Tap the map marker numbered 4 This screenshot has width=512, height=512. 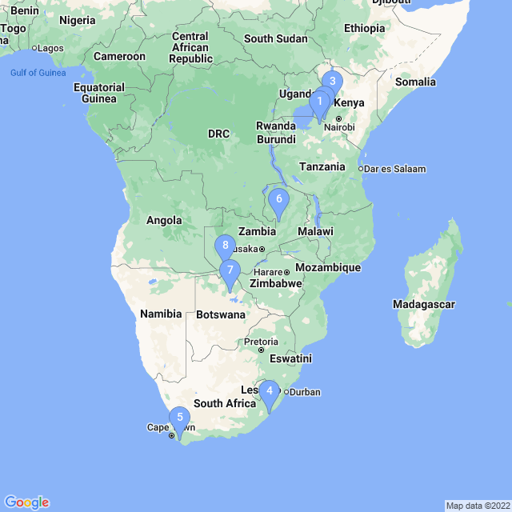pos(270,391)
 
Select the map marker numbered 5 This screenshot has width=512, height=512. pos(179,417)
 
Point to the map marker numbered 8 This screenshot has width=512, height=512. pos(226,246)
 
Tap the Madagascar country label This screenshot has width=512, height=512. pos(423,304)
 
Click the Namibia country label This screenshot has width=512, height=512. pos(161,314)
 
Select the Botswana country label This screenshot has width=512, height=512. pos(220,314)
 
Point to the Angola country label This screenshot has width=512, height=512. pos(164,220)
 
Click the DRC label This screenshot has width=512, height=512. pos(218,134)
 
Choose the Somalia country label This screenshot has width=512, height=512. pos(416,82)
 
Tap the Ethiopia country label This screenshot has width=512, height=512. pos(364,28)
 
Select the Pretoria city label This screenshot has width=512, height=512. pos(261,342)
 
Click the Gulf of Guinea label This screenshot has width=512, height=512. pos(38,74)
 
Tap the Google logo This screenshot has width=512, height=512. pos(26,502)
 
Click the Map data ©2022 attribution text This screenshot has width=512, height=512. pos(477,506)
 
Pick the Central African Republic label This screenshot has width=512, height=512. pos(190,47)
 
